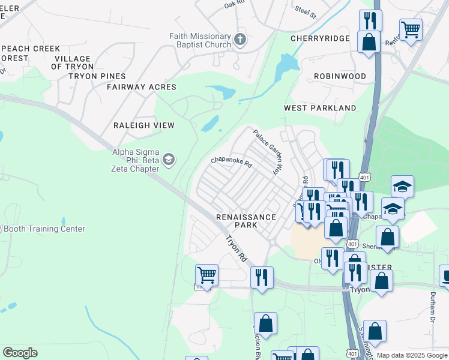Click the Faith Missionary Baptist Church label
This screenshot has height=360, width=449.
(200, 40)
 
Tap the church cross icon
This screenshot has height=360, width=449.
(240, 40)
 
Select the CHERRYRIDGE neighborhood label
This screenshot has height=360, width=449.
(320, 38)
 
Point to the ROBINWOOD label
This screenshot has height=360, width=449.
(340, 76)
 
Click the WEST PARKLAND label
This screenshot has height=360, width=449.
(320, 108)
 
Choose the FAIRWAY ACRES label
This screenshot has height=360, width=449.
(142, 87)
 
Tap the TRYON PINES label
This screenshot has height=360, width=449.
(97, 76)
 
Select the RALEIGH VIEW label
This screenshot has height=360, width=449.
(144, 125)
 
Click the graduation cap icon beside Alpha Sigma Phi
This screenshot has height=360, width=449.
(169, 159)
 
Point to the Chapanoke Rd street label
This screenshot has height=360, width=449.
(231, 161)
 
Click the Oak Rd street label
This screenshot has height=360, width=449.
(235, 4)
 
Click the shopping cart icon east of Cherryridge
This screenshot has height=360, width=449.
(411, 28)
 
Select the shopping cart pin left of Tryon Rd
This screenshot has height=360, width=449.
(206, 275)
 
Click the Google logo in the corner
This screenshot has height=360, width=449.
(20, 353)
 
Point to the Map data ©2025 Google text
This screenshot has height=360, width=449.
(412, 355)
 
